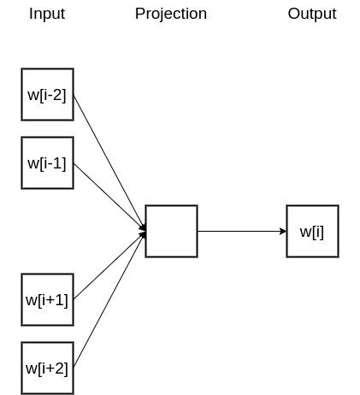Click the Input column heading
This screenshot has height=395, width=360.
point(47,14)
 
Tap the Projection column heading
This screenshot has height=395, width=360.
point(171,14)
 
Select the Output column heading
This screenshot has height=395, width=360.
point(312,14)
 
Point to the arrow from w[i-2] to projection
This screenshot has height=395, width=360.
point(109,162)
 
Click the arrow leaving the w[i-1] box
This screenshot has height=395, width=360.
point(109,197)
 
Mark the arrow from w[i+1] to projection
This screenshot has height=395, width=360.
point(109,265)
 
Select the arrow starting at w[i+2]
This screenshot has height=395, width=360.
point(109,299)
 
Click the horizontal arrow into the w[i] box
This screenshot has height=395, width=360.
point(242,231)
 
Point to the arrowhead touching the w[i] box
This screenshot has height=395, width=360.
point(283,231)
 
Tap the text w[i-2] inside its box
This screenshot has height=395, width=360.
point(47,95)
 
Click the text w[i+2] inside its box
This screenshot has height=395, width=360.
point(47,368)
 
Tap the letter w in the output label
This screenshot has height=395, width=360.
point(305,233)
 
